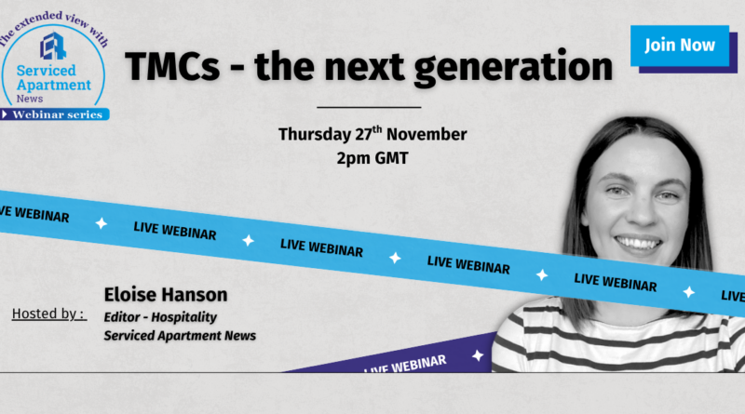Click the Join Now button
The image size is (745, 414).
tap(680, 46)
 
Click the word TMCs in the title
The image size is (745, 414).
tap(172, 66)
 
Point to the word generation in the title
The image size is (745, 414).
tap(514, 68)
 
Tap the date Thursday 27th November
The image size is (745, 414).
tap(372, 134)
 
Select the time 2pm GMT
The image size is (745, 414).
tap(372, 158)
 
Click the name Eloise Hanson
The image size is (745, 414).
tap(166, 295)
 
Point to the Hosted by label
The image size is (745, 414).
tap(49, 314)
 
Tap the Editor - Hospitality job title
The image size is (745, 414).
tap(160, 317)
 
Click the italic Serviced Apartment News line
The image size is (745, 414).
tap(180, 336)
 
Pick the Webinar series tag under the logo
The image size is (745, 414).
tap(55, 114)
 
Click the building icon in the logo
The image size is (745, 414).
tap(53, 47)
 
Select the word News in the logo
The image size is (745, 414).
tap(30, 99)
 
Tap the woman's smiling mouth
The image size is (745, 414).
tap(638, 244)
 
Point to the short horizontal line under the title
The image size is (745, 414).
tap(369, 107)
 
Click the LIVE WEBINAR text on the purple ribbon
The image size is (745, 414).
tap(405, 364)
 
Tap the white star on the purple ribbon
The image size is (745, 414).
tap(478, 355)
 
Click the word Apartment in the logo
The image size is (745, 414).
tap(54, 85)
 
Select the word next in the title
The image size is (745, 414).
tap(364, 67)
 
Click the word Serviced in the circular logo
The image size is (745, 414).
tap(46, 71)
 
